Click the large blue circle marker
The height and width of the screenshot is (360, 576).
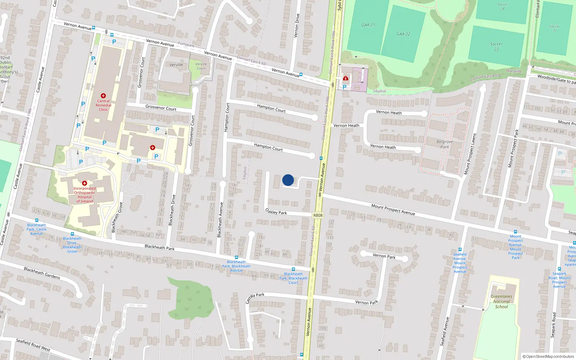(288, 180)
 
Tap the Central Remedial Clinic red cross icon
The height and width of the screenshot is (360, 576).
(103, 96)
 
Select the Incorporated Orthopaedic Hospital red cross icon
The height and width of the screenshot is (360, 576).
(85, 183)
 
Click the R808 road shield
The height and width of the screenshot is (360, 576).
(318, 215)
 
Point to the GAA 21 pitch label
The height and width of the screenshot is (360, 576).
(368, 25)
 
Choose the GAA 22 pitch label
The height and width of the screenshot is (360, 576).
(403, 34)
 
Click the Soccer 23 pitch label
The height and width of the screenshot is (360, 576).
(496, 46)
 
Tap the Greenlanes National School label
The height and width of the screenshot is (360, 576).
(501, 302)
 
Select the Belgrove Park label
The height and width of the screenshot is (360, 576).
(445, 144)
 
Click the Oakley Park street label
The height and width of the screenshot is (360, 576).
(276, 212)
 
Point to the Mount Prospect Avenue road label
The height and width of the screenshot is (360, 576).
(393, 210)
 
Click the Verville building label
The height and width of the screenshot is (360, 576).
(176, 65)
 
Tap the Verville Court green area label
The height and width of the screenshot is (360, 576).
(201, 66)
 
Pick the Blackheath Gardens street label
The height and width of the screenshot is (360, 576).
(42, 273)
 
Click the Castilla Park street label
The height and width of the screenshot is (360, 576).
(255, 298)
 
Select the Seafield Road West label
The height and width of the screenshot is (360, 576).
(33, 345)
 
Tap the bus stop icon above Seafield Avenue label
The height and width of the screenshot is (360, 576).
(460, 249)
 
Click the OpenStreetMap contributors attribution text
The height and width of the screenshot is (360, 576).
(549, 356)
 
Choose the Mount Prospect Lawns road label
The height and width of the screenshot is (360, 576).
(470, 154)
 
